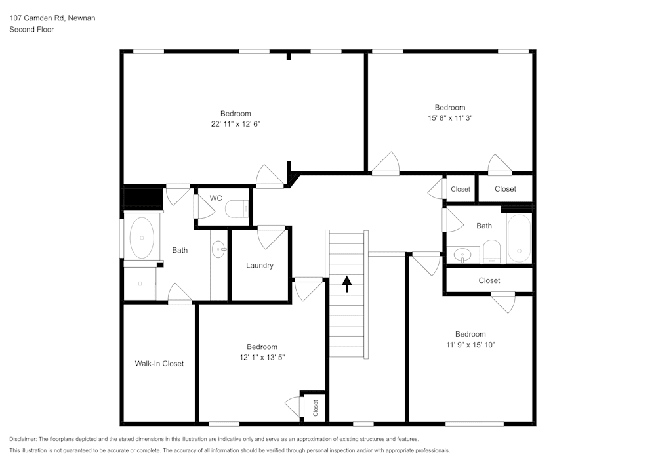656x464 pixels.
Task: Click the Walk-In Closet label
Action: (159, 363)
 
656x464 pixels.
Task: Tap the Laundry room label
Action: (259, 265)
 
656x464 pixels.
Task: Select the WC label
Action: (216, 198)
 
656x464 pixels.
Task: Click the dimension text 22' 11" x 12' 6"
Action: (236, 123)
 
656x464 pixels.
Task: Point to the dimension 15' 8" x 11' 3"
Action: (449, 118)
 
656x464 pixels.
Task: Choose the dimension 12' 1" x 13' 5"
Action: (262, 357)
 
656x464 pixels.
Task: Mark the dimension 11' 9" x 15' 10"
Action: (470, 345)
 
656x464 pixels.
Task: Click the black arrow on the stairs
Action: (347, 283)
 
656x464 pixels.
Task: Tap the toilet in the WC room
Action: (237, 209)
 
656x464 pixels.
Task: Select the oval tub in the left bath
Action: (142, 237)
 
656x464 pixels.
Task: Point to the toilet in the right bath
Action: (491, 251)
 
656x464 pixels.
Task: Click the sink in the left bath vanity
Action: (219, 248)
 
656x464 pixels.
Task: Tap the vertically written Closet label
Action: (315, 407)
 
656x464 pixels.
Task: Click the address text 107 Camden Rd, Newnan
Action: (52, 18)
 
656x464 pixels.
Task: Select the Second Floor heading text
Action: (31, 30)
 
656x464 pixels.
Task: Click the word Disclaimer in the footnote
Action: (23, 439)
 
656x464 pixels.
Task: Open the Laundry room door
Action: (272, 236)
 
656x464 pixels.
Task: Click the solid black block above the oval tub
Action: (143, 198)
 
